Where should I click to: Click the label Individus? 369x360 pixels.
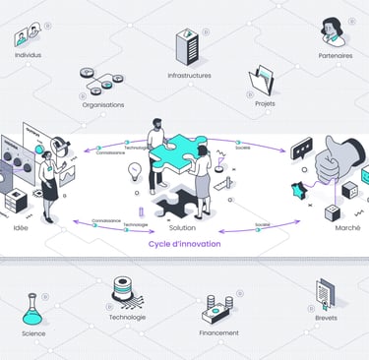[29, 56]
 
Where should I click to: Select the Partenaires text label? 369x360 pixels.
[336, 56]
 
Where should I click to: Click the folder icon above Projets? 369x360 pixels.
[264, 82]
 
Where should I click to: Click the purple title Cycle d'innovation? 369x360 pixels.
[184, 243]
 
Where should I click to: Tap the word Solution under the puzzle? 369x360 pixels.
[180, 227]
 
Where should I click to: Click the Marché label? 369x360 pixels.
[346, 227]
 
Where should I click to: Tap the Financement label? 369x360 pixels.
[218, 332]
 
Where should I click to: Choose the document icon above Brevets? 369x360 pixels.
[325, 293]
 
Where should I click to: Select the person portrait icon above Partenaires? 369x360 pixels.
[335, 30]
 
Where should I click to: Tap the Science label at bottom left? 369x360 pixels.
[33, 332]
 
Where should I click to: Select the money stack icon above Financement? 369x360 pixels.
[218, 309]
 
